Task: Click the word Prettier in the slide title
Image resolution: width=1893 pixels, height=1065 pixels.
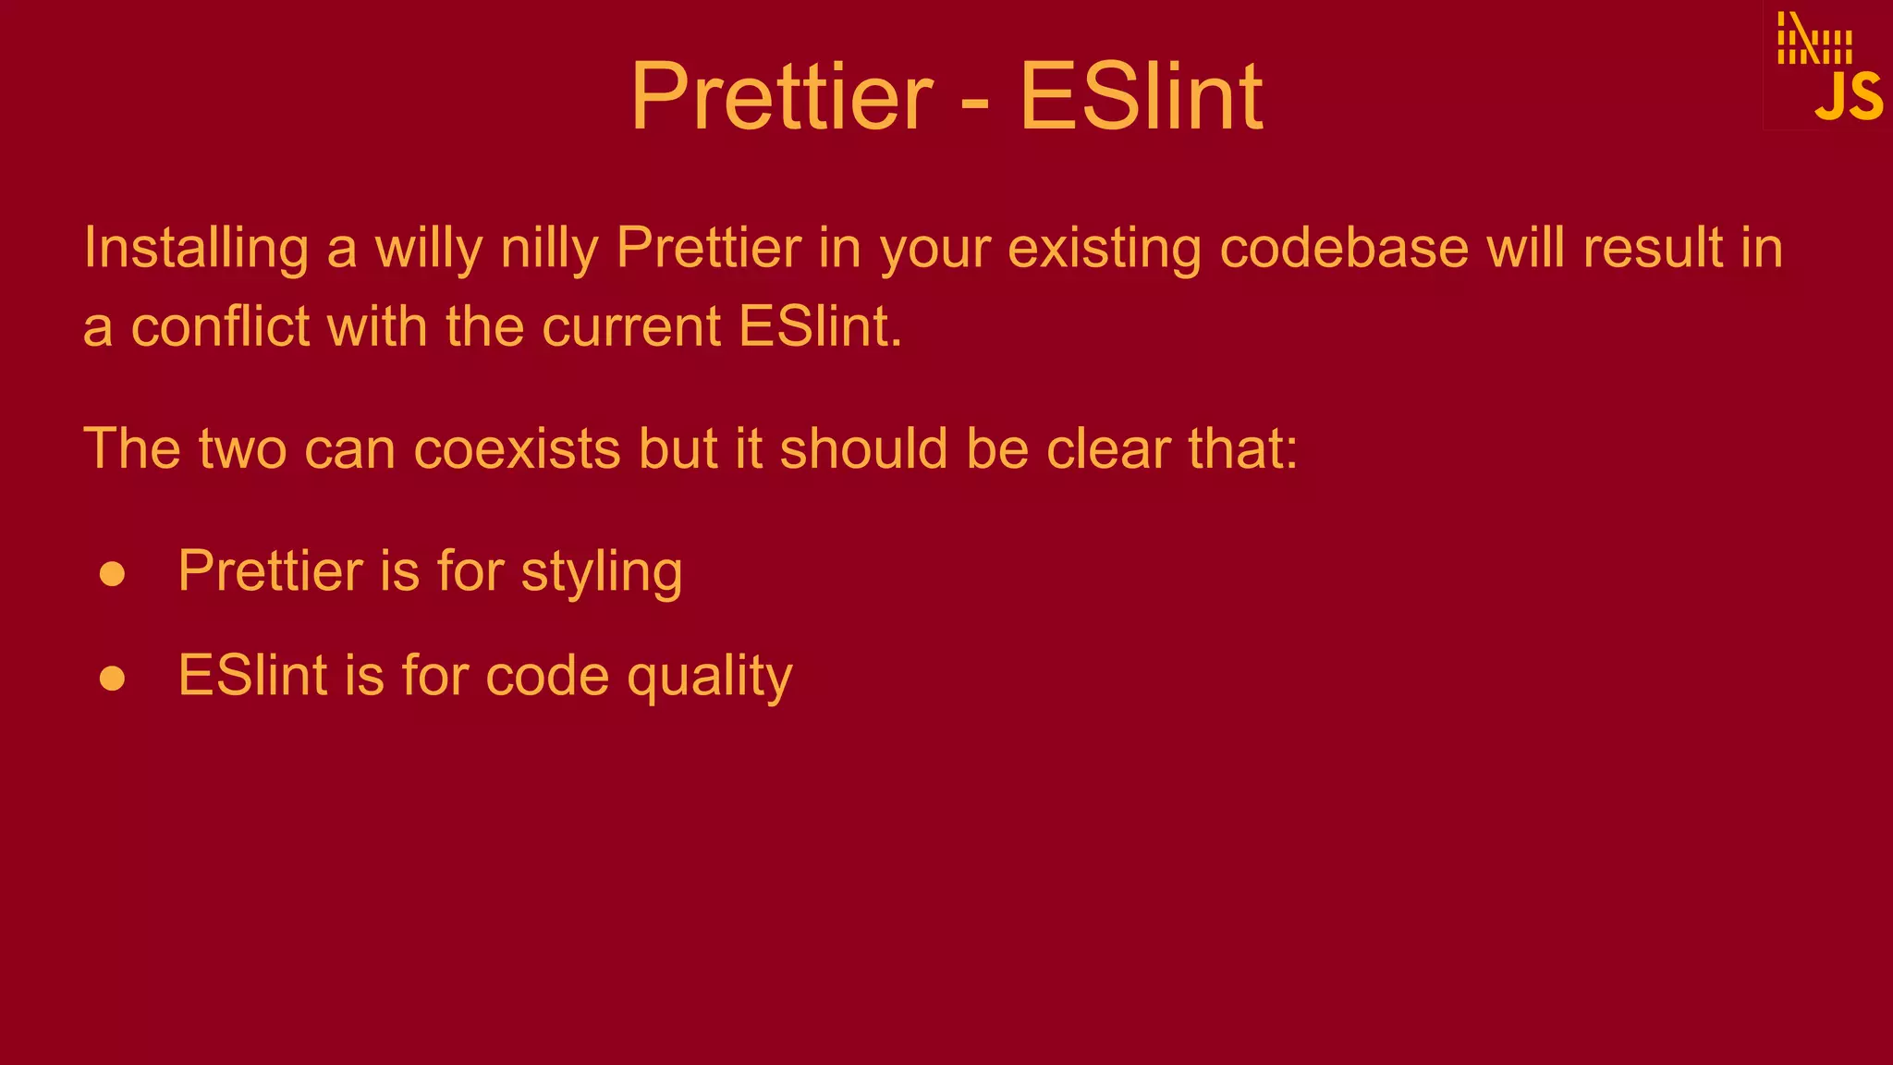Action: (782, 97)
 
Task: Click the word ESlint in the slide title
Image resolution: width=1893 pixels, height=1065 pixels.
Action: (1141, 97)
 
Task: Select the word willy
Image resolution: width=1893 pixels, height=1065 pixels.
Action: (428, 250)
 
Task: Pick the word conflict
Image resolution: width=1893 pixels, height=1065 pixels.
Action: (220, 327)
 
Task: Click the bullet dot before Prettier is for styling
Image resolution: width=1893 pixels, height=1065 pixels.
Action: (113, 574)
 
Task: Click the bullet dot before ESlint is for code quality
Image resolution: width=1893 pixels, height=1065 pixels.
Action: (113, 679)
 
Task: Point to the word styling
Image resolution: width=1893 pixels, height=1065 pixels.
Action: (602, 573)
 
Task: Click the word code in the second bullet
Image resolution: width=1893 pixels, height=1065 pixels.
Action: (547, 676)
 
